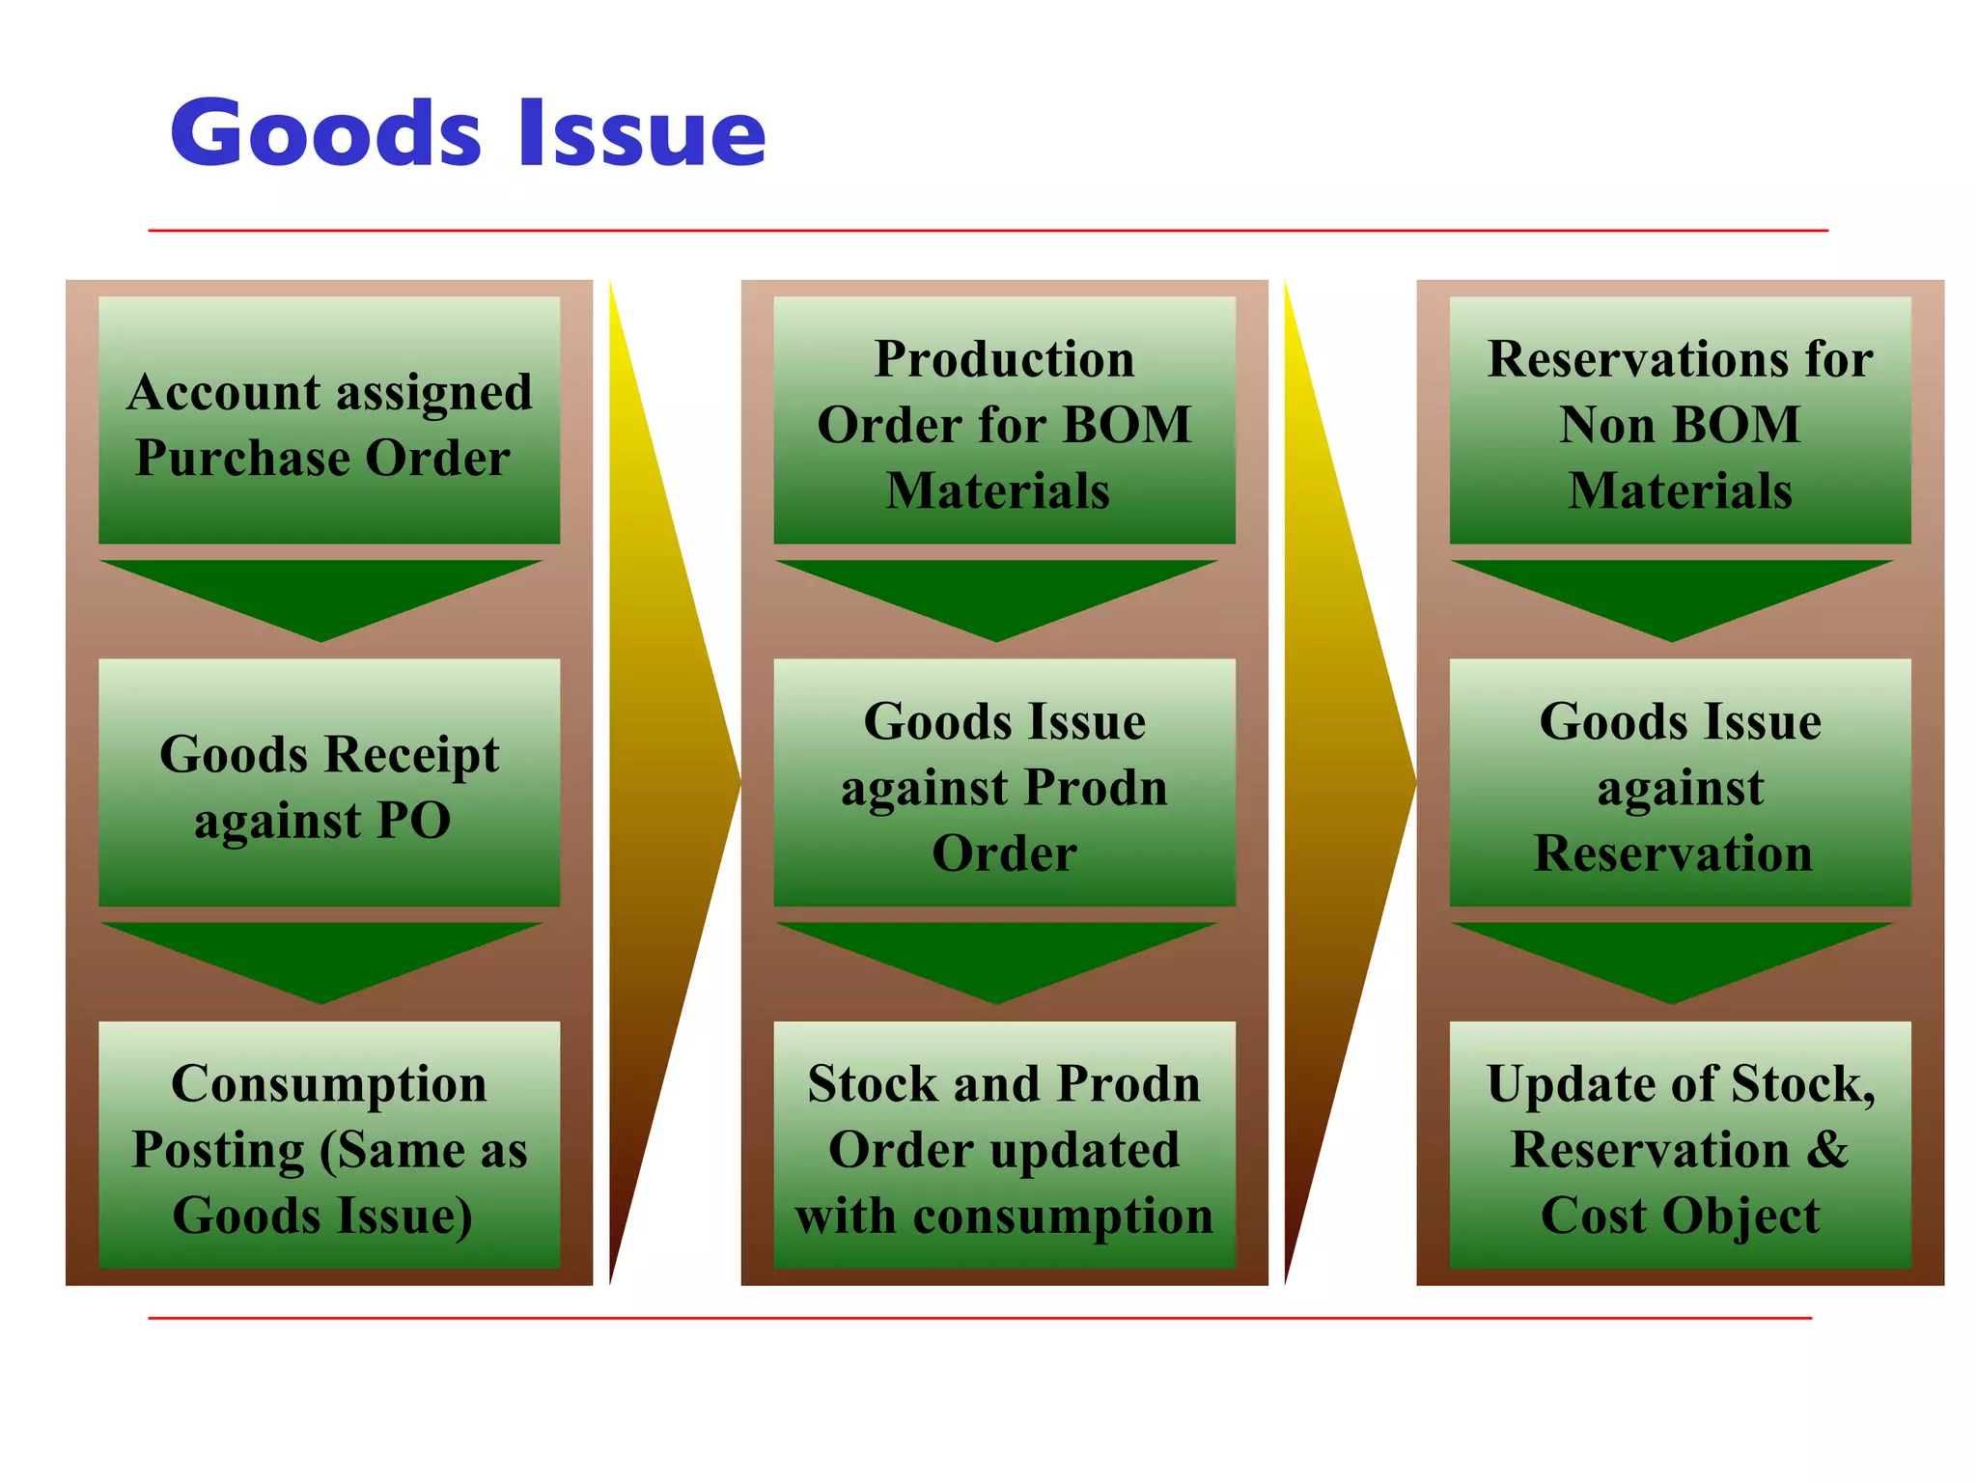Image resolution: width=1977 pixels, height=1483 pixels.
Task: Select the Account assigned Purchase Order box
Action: tap(329, 421)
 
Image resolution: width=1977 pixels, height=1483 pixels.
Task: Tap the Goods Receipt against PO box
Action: tap(329, 783)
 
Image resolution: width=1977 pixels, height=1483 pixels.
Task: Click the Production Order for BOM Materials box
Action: tap(1004, 421)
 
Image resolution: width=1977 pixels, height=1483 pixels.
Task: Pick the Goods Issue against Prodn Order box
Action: tap(1004, 783)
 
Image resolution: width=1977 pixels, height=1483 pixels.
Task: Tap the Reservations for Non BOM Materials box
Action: tap(1680, 421)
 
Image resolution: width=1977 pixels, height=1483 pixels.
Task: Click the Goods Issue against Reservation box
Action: tap(1680, 783)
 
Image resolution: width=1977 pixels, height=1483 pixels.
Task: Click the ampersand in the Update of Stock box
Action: tap(1826, 1149)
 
